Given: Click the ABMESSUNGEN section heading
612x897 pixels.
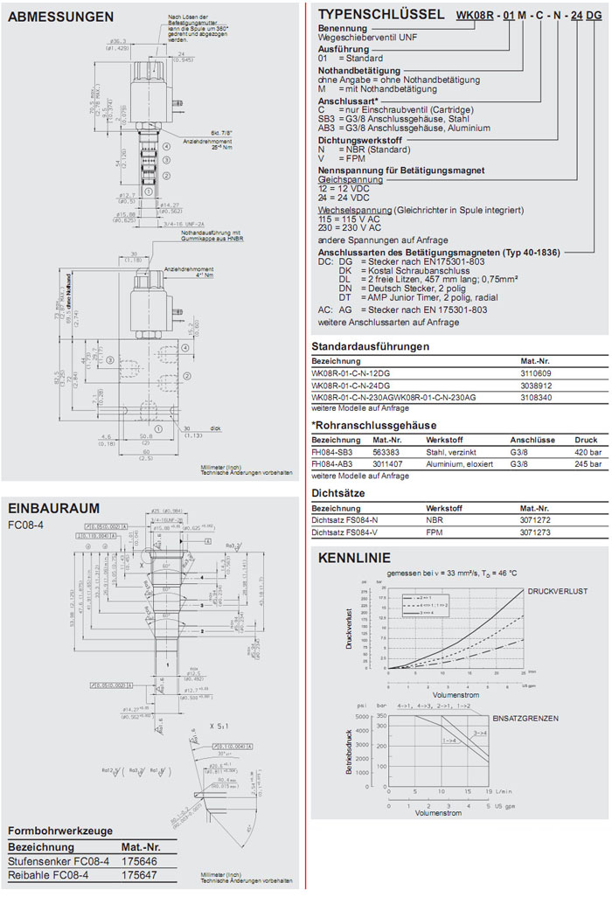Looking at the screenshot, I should (x=60, y=17).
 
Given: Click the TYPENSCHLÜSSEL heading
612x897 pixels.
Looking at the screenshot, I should (x=380, y=15).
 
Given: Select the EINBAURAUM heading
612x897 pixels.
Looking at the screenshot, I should (x=53, y=508).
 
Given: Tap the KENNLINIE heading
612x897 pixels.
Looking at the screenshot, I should (x=354, y=558).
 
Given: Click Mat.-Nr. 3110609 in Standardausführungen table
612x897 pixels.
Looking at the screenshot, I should (x=537, y=372).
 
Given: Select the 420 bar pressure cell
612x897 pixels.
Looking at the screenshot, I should (x=587, y=453).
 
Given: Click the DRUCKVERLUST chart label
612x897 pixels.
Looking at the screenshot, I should (x=557, y=592).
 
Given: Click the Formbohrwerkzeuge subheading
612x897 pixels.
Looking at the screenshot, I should (x=62, y=830).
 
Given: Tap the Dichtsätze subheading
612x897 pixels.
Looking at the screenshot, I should (x=340, y=493).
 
